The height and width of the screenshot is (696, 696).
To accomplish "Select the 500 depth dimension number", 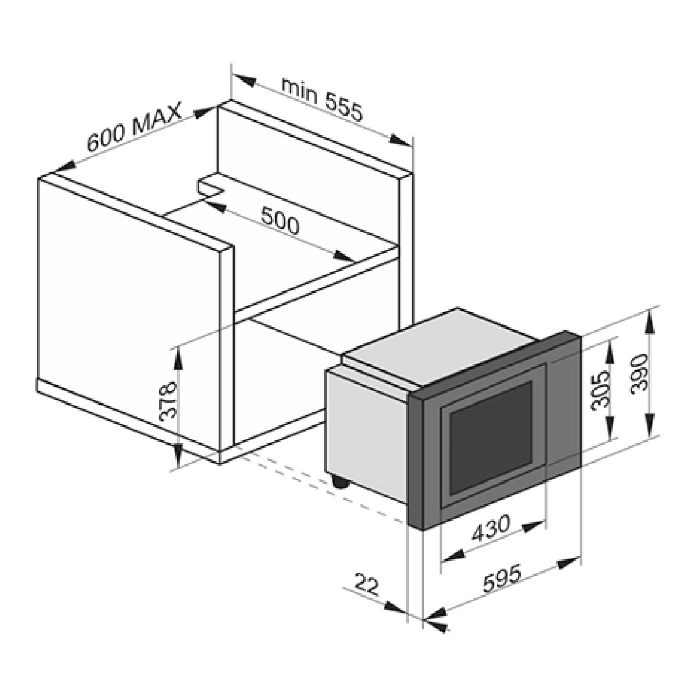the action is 280,220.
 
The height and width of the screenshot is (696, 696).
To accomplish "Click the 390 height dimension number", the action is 639,374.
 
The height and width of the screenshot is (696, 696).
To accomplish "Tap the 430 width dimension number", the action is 491,528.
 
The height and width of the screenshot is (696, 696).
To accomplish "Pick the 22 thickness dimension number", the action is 367,584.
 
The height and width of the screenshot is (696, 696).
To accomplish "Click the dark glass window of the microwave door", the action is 491,437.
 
